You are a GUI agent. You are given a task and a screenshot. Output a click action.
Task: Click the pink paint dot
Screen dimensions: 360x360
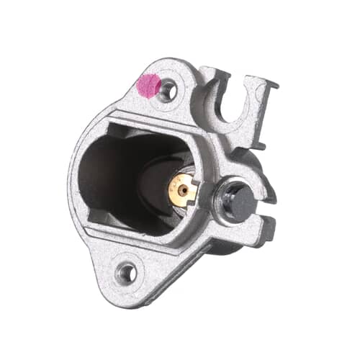[x=149, y=86]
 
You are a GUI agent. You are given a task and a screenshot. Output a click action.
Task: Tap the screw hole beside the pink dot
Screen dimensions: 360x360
[x=168, y=91]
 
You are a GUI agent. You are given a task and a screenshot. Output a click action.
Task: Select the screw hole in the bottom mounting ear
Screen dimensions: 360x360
[x=127, y=273]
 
